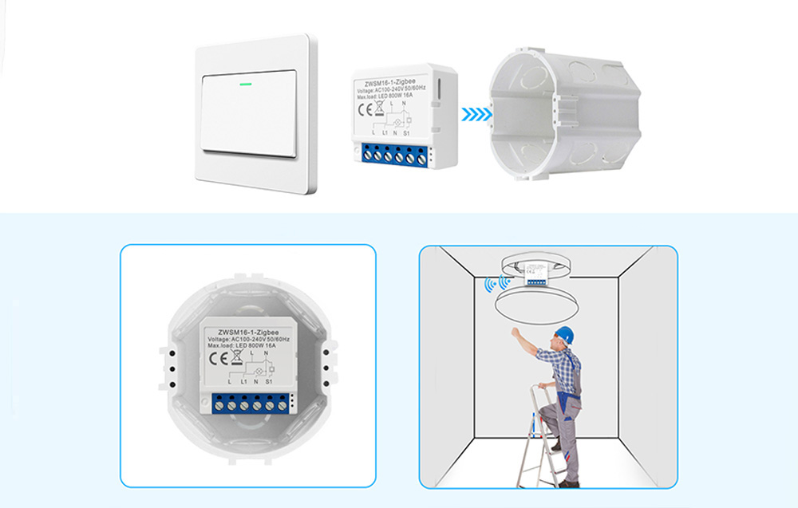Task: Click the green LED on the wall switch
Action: pos(245,81)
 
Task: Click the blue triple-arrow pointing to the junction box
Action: pos(476,114)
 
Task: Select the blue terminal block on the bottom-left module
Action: pos(250,405)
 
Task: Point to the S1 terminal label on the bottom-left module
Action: pos(270,383)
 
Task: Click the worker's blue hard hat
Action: pos(565,334)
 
